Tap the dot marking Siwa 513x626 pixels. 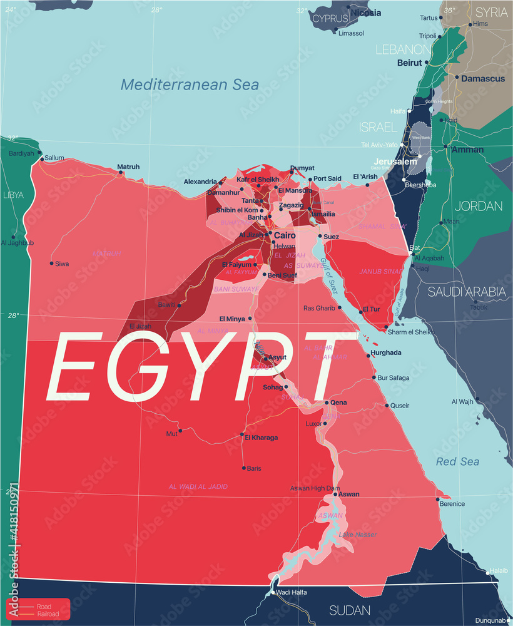(x=52, y=264)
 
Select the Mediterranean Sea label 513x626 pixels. (x=190, y=85)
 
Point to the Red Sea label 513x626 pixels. (x=458, y=462)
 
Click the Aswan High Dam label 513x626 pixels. (x=315, y=488)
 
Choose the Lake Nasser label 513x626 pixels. (x=358, y=535)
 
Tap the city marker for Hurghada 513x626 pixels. (x=368, y=356)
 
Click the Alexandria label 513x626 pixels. (x=200, y=182)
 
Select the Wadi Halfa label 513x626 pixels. (x=292, y=592)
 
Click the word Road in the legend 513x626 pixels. (x=44, y=607)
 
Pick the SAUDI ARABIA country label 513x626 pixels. (x=467, y=292)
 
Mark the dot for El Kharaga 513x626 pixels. (x=242, y=434)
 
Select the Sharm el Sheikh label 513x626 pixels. (x=410, y=332)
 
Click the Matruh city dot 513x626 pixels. (x=121, y=172)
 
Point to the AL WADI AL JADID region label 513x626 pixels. (x=198, y=486)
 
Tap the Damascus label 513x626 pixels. (x=483, y=79)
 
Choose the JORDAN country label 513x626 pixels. (x=478, y=206)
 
